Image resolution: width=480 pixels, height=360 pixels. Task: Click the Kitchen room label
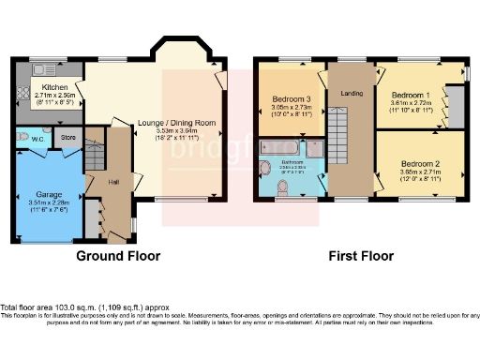click(55, 85)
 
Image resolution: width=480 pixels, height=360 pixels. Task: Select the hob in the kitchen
click(22, 95)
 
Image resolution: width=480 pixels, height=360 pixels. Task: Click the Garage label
click(49, 195)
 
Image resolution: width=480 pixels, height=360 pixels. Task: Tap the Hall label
click(113, 182)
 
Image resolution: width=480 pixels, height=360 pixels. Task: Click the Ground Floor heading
click(117, 256)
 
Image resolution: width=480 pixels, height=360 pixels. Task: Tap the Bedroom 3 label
click(291, 99)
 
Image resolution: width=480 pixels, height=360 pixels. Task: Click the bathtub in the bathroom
click(277, 148)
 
